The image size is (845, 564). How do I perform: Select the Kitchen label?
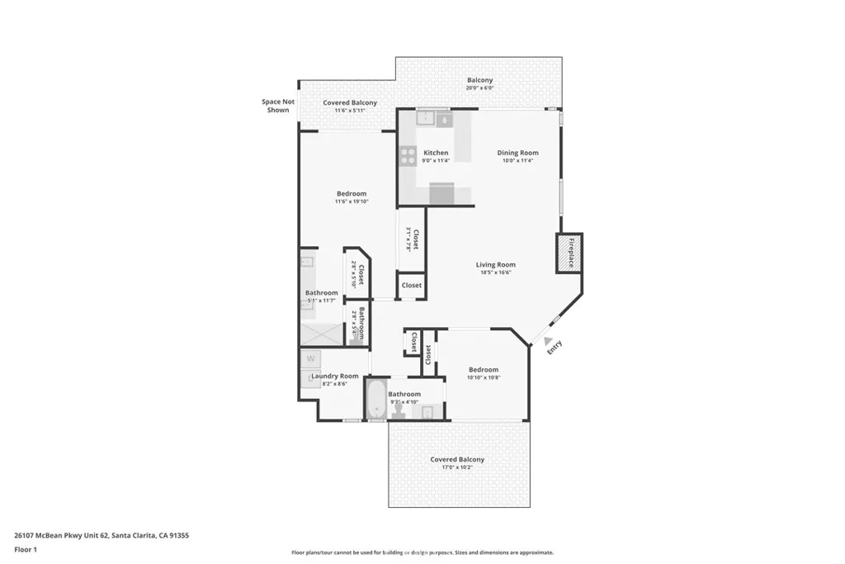pos(436,153)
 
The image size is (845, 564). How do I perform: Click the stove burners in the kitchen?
pos(408,156)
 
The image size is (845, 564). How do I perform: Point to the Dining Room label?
pos(517,153)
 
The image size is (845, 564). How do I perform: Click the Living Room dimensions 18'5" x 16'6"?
pos(495,273)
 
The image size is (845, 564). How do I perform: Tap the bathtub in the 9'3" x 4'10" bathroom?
pos(376,400)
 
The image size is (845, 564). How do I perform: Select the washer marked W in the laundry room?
pos(311,359)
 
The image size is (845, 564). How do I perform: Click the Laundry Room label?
pos(334,376)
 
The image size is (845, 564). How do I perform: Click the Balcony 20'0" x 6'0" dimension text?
pos(479,88)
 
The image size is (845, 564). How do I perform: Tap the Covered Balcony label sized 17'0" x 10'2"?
pos(457,459)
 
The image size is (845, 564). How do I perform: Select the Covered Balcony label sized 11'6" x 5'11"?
pos(350,102)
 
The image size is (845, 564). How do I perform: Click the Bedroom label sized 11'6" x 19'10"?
pos(351,193)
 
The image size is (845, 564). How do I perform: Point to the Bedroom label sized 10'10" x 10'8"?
pos(484,369)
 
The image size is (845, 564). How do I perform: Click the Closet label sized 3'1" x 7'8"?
pos(415,239)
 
